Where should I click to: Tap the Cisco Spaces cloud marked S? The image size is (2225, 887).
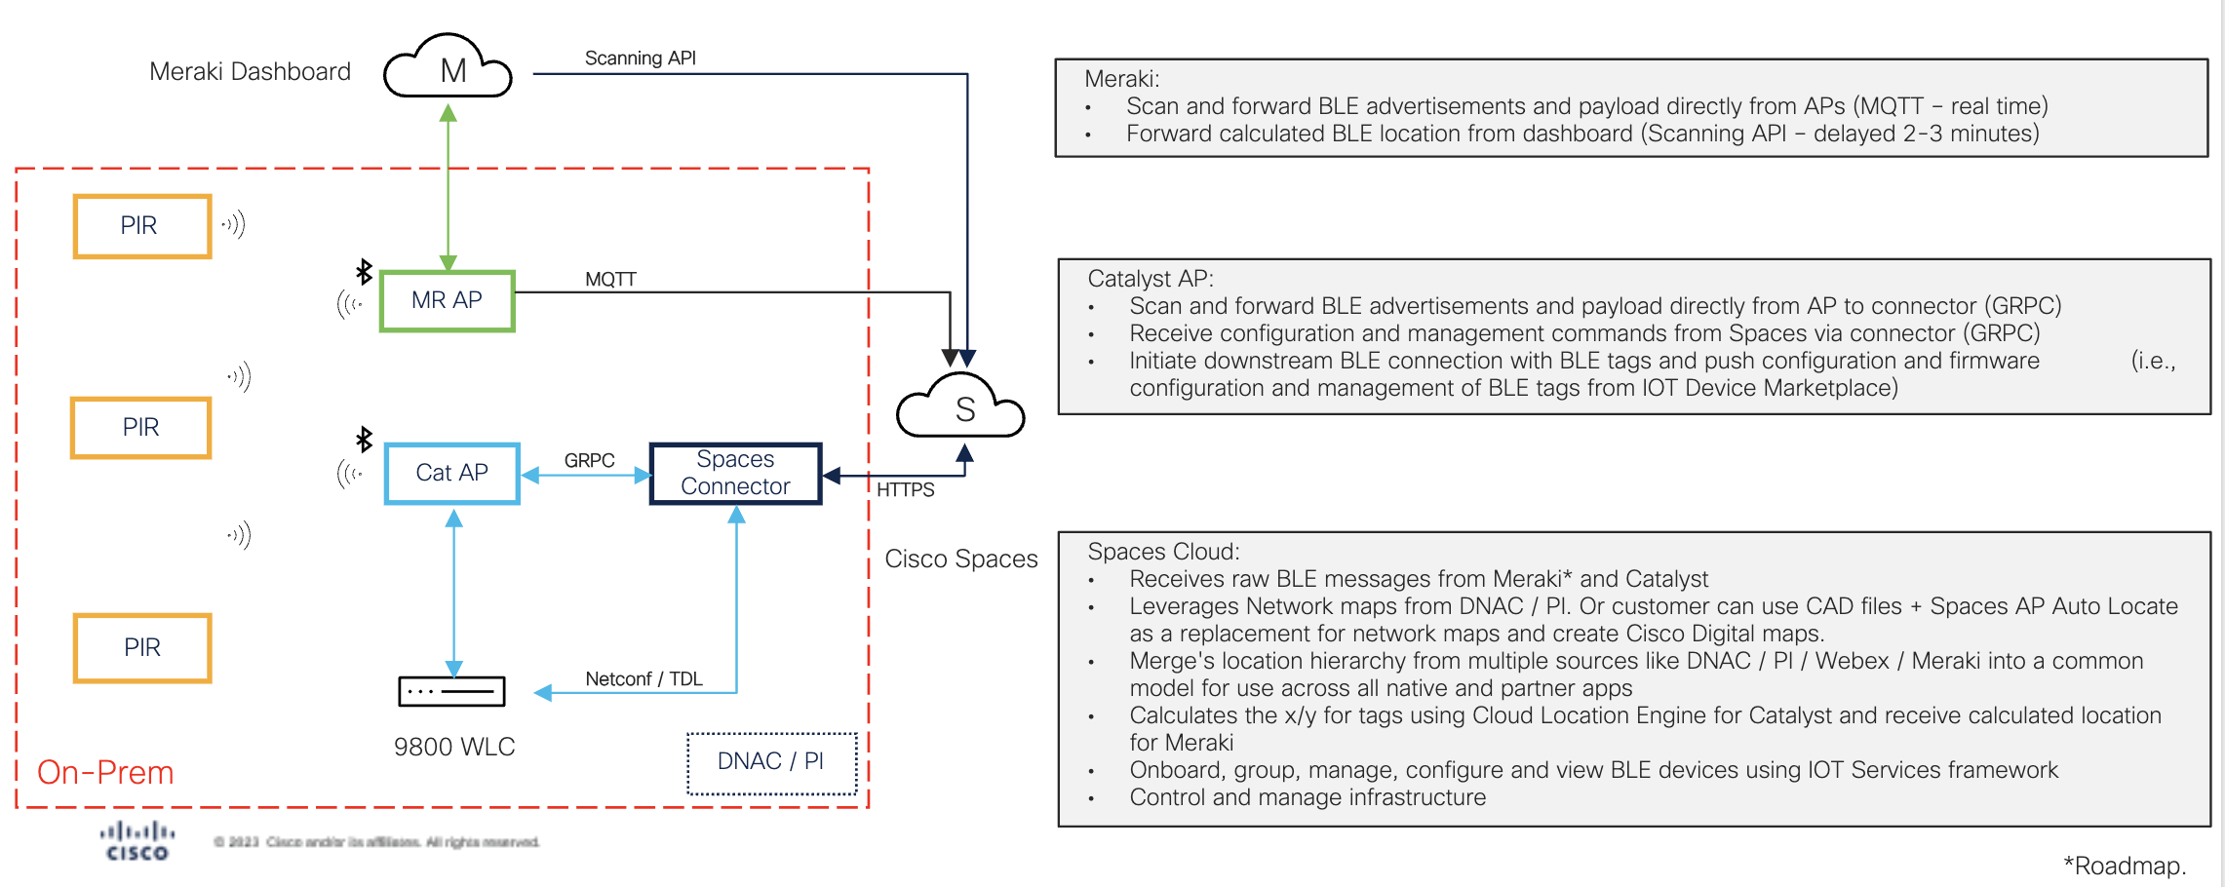pyautogui.click(x=962, y=407)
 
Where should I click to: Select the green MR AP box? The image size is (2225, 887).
pyautogui.click(x=448, y=301)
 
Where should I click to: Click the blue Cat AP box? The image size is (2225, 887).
pyautogui.click(x=452, y=474)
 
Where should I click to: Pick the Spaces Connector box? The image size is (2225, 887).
pyautogui.click(x=736, y=474)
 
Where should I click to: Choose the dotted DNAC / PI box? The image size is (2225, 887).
pyautogui.click(x=771, y=762)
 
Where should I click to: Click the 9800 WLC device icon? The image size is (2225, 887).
pyautogui.click(x=451, y=691)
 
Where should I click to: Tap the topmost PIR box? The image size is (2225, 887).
pyautogui.click(x=142, y=226)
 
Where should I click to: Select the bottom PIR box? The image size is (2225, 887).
pyautogui.click(x=142, y=648)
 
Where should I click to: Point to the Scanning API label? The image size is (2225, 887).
pyautogui.click(x=640, y=58)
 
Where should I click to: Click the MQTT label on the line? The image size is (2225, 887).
pyautogui.click(x=610, y=280)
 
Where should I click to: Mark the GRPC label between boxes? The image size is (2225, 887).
pyautogui.click(x=589, y=460)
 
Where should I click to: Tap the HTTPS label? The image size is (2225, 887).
pyautogui.click(x=905, y=490)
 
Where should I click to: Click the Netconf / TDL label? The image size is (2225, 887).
pyautogui.click(x=644, y=679)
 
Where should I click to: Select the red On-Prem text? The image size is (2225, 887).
pyautogui.click(x=105, y=773)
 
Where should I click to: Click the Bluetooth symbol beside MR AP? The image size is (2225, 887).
pyautogui.click(x=364, y=271)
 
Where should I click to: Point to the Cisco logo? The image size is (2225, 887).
pyautogui.click(x=137, y=842)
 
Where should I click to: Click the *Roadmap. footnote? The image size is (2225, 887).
pyautogui.click(x=2124, y=866)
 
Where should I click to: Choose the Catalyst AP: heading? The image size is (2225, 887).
pyautogui.click(x=1151, y=279)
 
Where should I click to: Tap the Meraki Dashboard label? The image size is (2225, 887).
pyautogui.click(x=250, y=72)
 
